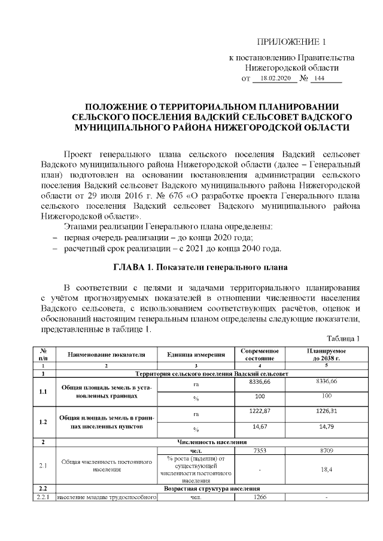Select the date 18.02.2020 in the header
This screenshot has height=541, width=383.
point(270,78)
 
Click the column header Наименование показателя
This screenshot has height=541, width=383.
point(107,354)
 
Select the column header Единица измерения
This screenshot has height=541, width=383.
point(195,354)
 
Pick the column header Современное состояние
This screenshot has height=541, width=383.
point(260,354)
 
